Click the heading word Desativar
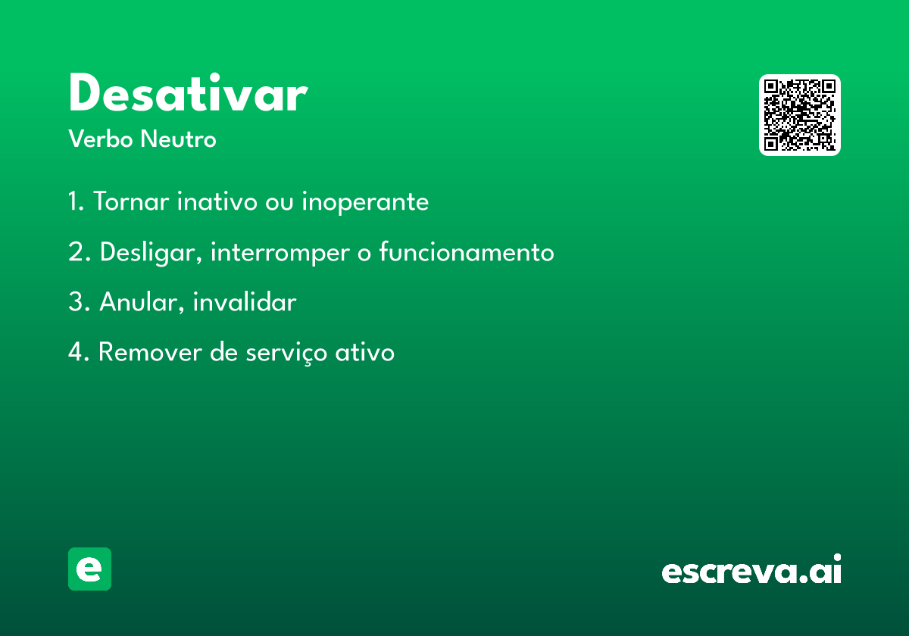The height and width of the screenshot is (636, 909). (189, 92)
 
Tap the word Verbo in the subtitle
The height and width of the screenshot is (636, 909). (101, 139)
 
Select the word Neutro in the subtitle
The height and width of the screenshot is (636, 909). (178, 139)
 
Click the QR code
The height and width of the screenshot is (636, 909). (799, 115)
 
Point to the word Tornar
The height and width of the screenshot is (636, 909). (131, 201)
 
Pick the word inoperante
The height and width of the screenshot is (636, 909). (365, 202)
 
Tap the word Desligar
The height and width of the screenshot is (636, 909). (151, 253)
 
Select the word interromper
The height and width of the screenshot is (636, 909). (280, 253)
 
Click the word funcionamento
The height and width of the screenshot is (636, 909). (467, 251)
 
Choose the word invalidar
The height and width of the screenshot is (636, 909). (245, 302)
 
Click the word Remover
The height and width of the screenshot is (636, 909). (150, 351)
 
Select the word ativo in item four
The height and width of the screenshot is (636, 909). (364, 351)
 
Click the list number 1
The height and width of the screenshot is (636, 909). (76, 201)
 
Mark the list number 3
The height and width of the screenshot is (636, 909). (79, 302)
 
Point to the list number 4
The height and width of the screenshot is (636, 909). (79, 351)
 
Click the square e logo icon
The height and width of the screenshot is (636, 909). (89, 569)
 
